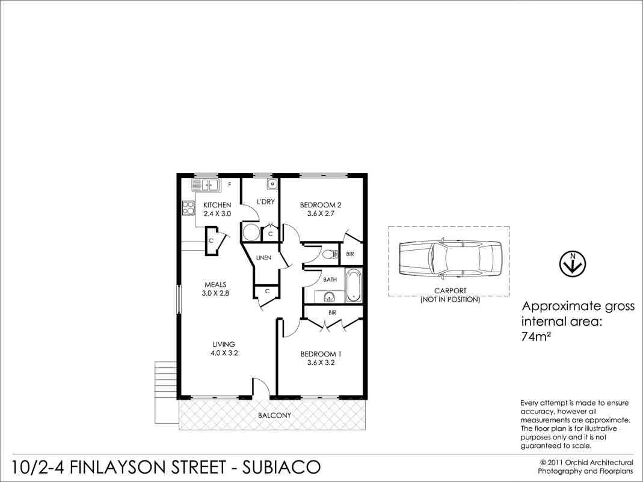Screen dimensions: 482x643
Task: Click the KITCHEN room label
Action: (x=217, y=206)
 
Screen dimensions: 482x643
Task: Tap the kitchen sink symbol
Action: (x=206, y=185)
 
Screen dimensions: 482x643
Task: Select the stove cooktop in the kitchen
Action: (x=188, y=207)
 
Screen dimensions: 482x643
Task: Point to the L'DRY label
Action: (x=265, y=202)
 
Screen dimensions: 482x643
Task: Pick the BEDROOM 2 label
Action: (x=321, y=206)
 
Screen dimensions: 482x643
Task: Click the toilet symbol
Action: (x=329, y=255)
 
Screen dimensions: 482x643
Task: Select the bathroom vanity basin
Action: (x=328, y=296)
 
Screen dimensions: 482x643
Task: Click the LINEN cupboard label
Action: (x=263, y=258)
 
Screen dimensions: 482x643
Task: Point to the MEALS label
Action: (x=215, y=285)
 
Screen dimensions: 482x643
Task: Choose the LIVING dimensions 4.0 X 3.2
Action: (x=224, y=353)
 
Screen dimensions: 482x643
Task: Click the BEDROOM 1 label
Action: (x=321, y=354)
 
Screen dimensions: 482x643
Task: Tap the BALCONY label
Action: (x=274, y=415)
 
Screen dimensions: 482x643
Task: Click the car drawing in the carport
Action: (x=449, y=260)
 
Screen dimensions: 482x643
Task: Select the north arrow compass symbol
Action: (x=573, y=263)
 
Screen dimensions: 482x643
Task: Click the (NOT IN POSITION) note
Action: (x=450, y=299)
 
